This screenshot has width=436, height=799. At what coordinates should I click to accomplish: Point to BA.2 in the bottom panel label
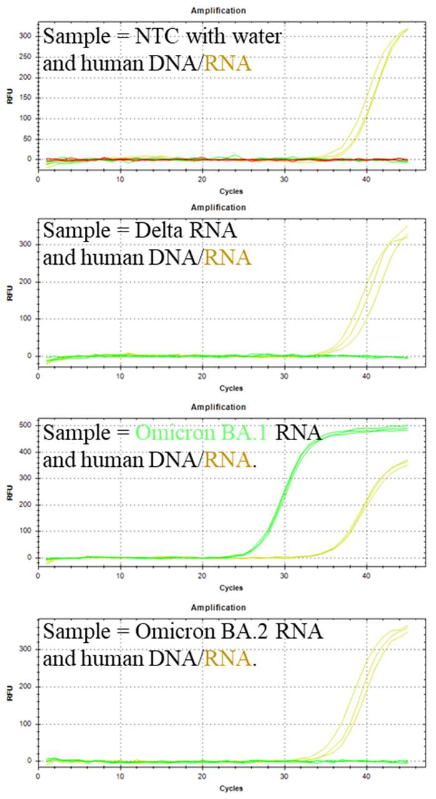pyautogui.click(x=259, y=632)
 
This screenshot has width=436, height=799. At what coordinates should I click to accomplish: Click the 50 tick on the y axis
pyautogui.click(x=26, y=139)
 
